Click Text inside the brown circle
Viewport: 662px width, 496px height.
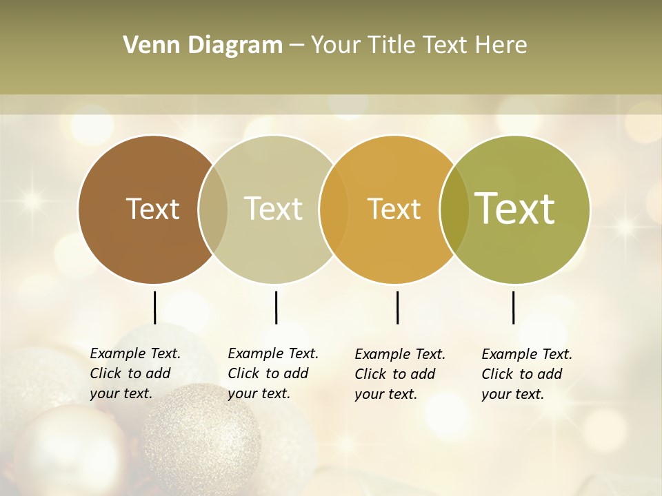click(x=152, y=209)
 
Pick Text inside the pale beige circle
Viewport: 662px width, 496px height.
click(x=274, y=209)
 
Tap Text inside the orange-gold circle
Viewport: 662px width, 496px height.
click(x=394, y=209)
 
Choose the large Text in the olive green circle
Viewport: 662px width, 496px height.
click(x=515, y=209)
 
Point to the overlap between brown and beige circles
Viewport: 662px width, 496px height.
click(x=213, y=209)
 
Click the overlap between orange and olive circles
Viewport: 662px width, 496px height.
click(x=454, y=209)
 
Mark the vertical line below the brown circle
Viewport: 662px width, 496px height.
click(x=154, y=307)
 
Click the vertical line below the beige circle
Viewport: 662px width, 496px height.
click(x=276, y=307)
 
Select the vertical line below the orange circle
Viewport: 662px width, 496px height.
click(x=397, y=307)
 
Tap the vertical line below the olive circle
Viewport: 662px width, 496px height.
click(x=513, y=307)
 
